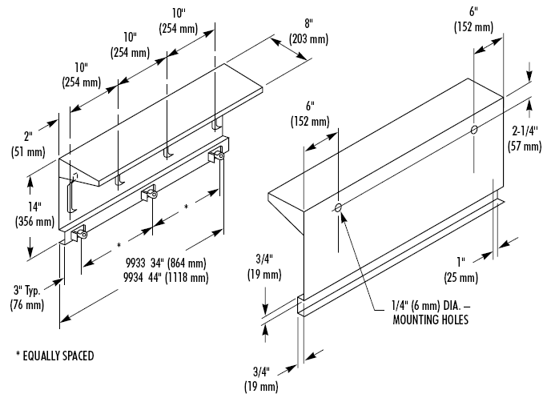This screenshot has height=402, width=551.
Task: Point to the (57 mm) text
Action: coord(526,146)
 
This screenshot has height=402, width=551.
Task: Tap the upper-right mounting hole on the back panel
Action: coord(474,129)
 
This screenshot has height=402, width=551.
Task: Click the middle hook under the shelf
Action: coord(166,152)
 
